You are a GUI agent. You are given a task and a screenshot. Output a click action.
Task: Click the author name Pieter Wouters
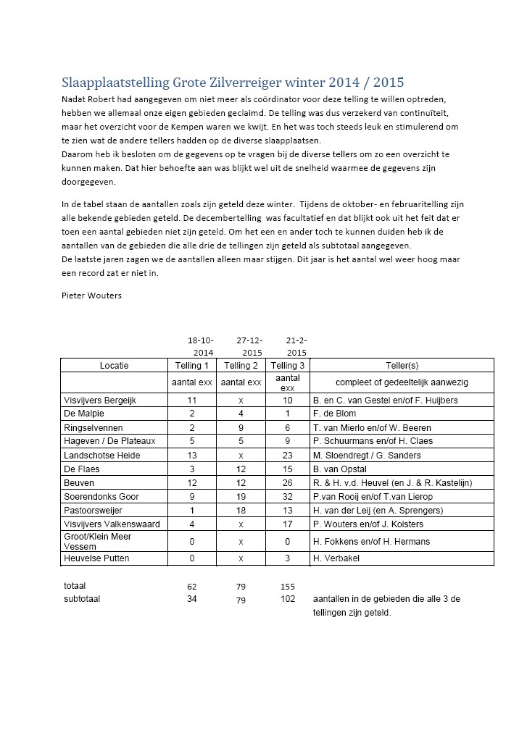(92, 296)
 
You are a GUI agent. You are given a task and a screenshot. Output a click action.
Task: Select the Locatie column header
(114, 366)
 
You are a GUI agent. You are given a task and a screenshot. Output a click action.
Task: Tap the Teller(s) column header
(402, 366)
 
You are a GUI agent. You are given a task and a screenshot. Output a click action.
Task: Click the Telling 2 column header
(241, 366)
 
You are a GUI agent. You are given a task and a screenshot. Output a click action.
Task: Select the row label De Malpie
(84, 414)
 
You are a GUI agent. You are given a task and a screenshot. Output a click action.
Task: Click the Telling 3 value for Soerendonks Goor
(288, 497)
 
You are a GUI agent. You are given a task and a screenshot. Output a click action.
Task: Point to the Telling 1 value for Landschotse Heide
(192, 456)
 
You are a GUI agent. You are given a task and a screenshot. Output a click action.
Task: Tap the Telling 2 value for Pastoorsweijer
(241, 511)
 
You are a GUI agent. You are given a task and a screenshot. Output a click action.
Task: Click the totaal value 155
(288, 585)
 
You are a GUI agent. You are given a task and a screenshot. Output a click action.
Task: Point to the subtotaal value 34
(192, 599)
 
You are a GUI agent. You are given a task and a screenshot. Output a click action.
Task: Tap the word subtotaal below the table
(82, 599)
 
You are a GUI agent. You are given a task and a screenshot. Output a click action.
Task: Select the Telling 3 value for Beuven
(288, 483)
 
